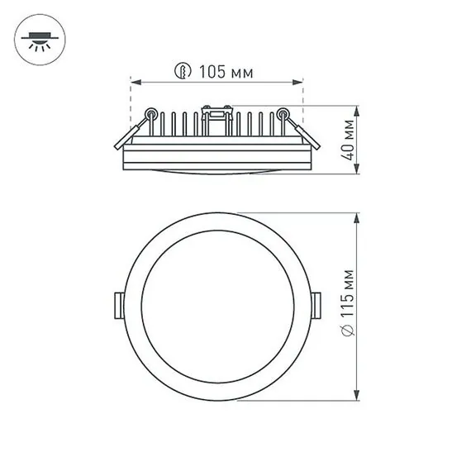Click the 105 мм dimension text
click(226, 73)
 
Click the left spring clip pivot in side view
click(150, 113)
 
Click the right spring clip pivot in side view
click(283, 113)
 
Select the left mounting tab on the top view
click(117, 304)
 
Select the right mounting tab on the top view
click(317, 304)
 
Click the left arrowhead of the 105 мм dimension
click(135, 82)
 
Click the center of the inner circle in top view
click(217, 304)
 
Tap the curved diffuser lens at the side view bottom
click(217, 170)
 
